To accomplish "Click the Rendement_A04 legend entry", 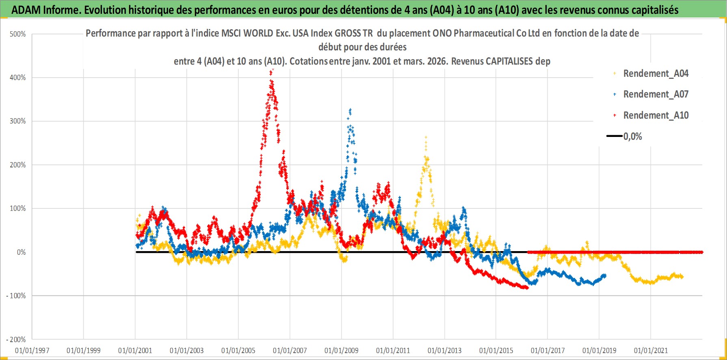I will pyautogui.click(x=656, y=74).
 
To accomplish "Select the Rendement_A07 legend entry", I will pyautogui.click(x=656, y=94).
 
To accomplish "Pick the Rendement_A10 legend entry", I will pyautogui.click(x=656, y=115).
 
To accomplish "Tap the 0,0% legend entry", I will pyautogui.click(x=632, y=137).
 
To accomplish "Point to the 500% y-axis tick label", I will pyautogui.click(x=18, y=34).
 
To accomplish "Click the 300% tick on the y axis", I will pyautogui.click(x=18, y=121).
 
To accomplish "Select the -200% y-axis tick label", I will pyautogui.click(x=16, y=339).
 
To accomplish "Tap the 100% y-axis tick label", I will pyautogui.click(x=18, y=208).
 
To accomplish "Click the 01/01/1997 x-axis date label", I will pyautogui.click(x=32, y=350).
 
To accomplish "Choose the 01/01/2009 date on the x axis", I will pyautogui.click(x=342, y=350).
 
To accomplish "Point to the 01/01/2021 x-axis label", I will pyautogui.click(x=651, y=350).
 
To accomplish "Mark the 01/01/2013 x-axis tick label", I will pyautogui.click(x=445, y=350).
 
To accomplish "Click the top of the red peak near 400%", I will pyautogui.click(x=272, y=70).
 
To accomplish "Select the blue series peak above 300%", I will pyautogui.click(x=350, y=109).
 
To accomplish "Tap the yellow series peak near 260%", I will pyautogui.click(x=426, y=137).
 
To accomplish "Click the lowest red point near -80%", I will pyautogui.click(x=527, y=288).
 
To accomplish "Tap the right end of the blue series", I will pyautogui.click(x=605, y=275).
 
